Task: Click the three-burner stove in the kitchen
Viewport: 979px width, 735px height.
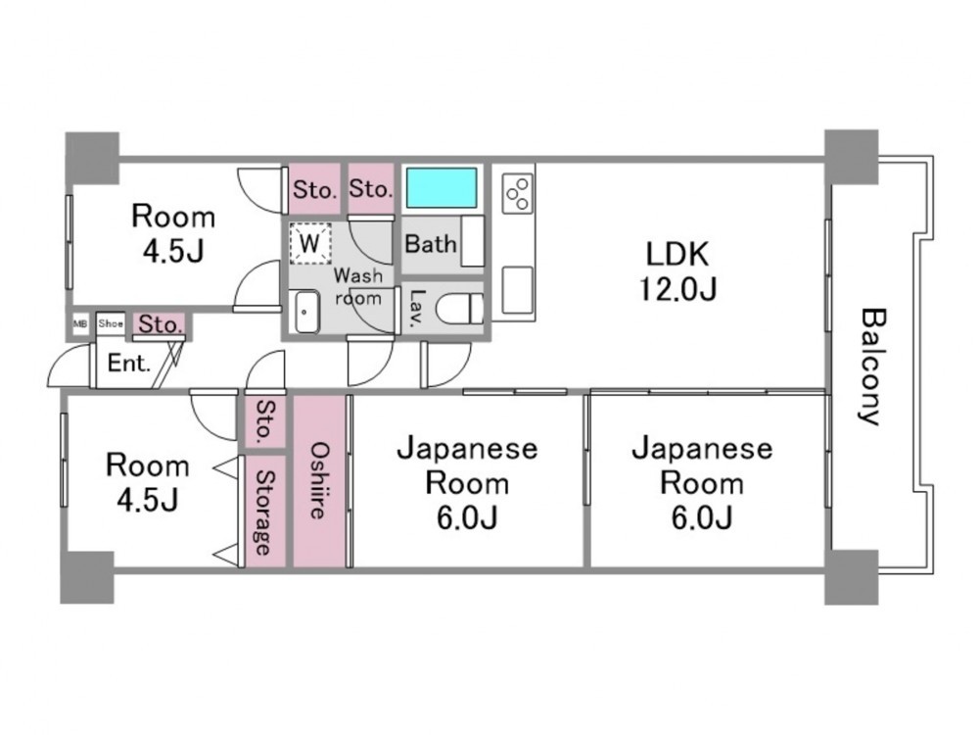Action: click(518, 192)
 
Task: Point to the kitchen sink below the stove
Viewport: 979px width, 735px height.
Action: click(517, 288)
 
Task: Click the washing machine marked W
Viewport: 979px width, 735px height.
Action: click(310, 242)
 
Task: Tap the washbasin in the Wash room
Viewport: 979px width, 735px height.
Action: click(305, 314)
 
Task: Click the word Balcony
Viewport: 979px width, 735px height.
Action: click(870, 367)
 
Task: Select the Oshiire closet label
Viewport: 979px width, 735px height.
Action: click(320, 480)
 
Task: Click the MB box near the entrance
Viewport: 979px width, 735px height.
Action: click(79, 321)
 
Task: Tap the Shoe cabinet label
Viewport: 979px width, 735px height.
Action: click(110, 321)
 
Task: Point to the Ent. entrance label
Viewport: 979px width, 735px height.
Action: click(129, 365)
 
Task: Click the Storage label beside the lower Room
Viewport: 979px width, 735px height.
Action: click(263, 512)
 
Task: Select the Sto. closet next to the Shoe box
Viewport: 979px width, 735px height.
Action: click(159, 323)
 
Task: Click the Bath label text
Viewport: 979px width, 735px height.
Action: click(430, 243)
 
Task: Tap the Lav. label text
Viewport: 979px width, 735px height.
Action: click(416, 307)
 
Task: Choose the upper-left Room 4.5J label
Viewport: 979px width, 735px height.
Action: click(173, 233)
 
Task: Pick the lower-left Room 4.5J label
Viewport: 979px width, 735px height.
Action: click(148, 482)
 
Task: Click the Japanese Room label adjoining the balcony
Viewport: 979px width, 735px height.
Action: click(701, 482)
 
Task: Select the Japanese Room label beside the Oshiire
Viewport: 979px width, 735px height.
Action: click(466, 482)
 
